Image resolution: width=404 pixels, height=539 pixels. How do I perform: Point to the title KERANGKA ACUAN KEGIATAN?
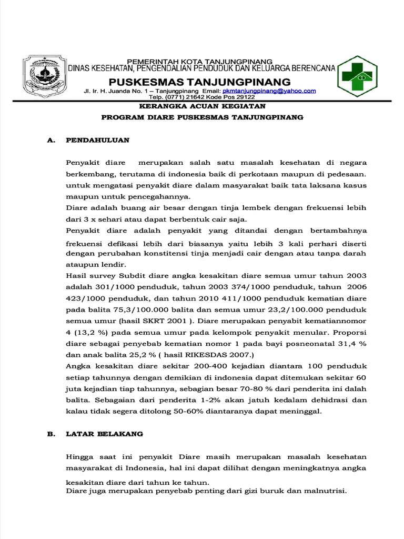(201, 107)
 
